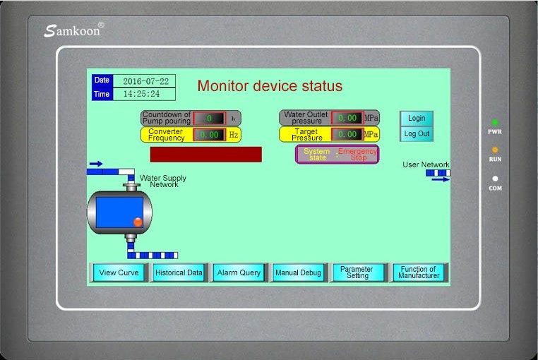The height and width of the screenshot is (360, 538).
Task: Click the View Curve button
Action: (119, 272)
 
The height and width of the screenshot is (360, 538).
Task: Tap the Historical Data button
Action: (179, 272)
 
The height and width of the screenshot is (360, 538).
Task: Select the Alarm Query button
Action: (239, 272)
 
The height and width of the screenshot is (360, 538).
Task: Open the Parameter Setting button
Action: (357, 272)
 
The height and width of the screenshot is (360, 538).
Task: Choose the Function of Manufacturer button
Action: (419, 272)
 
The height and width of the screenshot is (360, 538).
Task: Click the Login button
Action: (417, 118)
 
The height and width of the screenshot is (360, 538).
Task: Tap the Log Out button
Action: (417, 133)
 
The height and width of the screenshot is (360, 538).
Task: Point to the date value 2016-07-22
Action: (144, 81)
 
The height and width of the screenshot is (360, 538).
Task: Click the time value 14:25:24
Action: (144, 94)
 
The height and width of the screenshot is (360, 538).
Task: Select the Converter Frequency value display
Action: (210, 134)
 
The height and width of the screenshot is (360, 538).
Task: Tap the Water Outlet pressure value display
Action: (347, 118)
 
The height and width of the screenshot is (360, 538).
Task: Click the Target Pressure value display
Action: (347, 134)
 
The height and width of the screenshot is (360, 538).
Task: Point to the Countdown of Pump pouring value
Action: (210, 119)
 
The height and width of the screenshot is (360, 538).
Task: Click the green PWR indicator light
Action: (495, 123)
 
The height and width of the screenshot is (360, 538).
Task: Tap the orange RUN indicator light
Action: (495, 150)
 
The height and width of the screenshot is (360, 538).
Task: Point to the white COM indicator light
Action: (495, 179)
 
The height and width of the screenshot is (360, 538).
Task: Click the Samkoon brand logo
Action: (73, 30)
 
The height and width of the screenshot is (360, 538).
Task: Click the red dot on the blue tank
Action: (138, 222)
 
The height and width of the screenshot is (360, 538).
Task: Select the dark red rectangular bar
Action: (205, 154)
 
